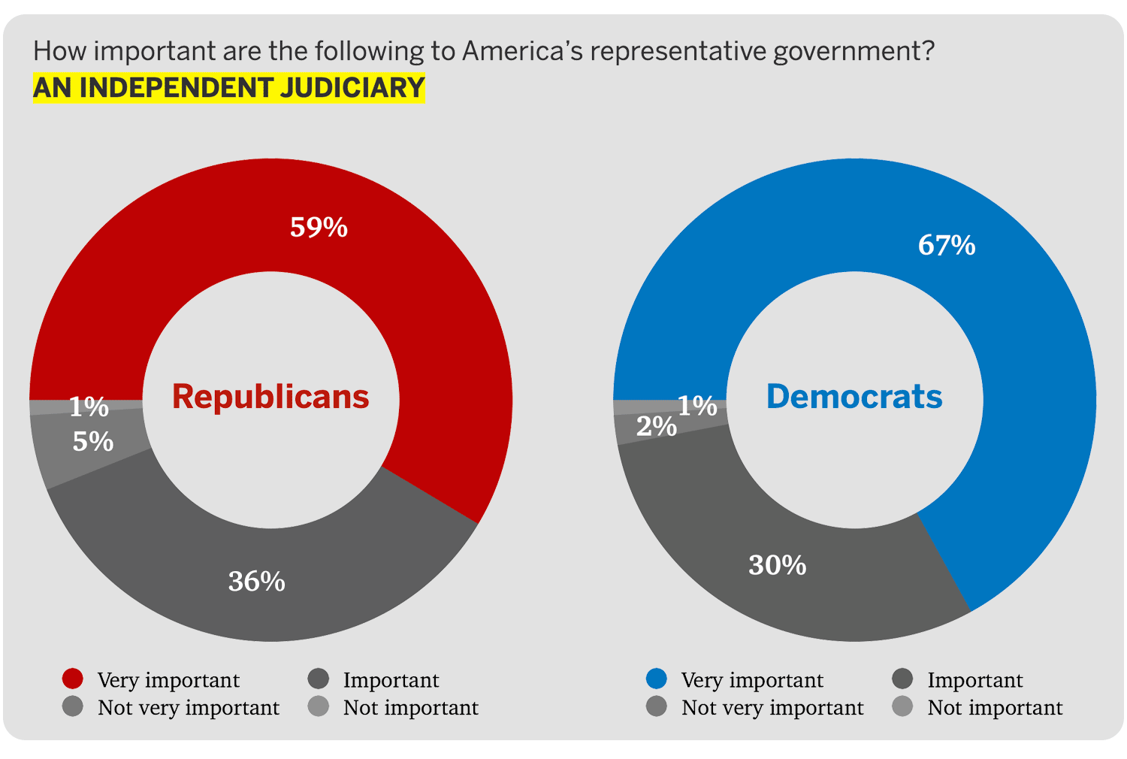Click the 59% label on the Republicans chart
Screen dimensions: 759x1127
tap(319, 227)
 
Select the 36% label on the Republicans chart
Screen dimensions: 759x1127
tap(257, 582)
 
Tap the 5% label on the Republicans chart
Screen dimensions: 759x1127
tap(93, 442)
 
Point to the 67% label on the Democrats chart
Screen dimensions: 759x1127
tap(947, 246)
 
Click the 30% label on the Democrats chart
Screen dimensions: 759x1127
tap(778, 565)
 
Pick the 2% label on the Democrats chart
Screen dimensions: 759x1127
tap(656, 427)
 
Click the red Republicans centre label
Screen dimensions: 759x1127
tap(270, 397)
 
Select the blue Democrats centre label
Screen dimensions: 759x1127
tap(854, 397)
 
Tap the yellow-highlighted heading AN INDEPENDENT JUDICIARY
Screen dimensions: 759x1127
tap(229, 88)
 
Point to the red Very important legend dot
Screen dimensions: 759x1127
tap(73, 679)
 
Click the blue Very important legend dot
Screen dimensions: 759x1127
tap(657, 679)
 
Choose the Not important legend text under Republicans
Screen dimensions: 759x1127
tap(411, 708)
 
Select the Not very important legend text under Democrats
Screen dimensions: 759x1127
tap(772, 708)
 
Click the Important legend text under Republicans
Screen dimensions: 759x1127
tap(391, 680)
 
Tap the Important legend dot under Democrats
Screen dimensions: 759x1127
tap(902, 679)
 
